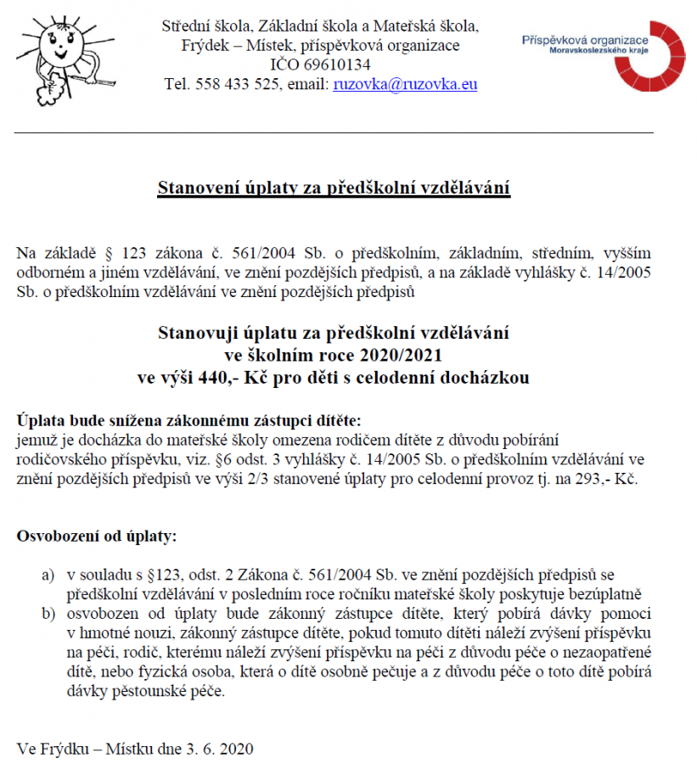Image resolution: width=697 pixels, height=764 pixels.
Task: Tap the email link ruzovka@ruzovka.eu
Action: pos(406,84)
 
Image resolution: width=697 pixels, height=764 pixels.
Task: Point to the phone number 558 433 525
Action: pos(234,84)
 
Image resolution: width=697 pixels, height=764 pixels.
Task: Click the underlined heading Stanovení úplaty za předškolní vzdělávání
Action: pos(334,188)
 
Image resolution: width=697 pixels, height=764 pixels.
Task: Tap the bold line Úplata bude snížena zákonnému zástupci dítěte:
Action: pos(188,420)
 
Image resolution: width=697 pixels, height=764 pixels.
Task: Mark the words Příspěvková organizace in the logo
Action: pos(585,40)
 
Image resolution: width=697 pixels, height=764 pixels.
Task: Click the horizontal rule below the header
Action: pos(334,133)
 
